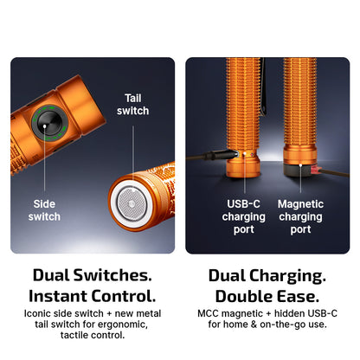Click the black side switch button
tap(48, 123)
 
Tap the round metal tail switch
tap(132, 204)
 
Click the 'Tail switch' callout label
tap(133, 104)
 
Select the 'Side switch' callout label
tap(44, 210)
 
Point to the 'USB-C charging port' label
tap(244, 216)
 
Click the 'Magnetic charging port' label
tap(300, 216)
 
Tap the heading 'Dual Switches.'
tap(93, 275)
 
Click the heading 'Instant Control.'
tap(93, 296)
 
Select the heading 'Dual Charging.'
tap(267, 276)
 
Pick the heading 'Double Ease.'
tap(267, 297)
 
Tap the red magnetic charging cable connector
tap(315, 170)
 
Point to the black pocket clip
tap(263, 87)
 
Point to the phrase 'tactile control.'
tap(93, 335)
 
